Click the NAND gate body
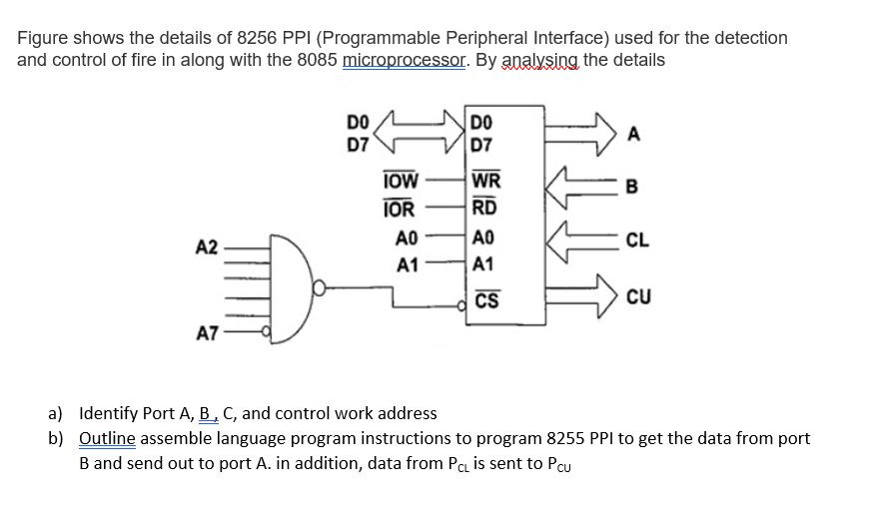(285, 290)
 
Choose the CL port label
(637, 240)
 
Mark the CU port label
(638, 296)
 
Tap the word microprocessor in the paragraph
(404, 60)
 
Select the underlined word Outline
(106, 438)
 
